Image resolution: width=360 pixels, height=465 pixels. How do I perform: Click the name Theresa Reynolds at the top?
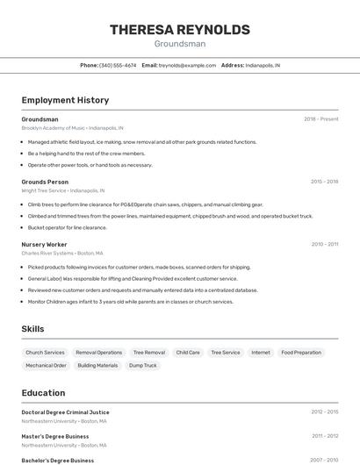pos(180,30)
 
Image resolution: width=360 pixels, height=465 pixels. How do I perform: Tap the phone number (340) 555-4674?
pos(118,66)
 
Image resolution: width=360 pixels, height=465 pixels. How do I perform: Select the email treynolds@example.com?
pos(187,66)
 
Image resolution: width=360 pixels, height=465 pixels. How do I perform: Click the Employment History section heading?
pos(65,101)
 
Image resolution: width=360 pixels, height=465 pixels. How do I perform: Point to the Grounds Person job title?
pos(45,182)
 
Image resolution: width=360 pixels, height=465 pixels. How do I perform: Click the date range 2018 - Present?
pos(321,119)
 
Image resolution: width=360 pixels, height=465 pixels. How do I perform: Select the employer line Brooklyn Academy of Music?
pos(73,128)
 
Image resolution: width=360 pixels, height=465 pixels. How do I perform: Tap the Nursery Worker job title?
pos(44,245)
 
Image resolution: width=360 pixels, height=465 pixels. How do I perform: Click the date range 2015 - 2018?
pos(324,182)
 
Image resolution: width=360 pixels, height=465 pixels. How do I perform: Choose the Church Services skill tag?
pos(45,353)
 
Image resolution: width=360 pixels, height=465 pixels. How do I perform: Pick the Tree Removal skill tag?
pos(148,353)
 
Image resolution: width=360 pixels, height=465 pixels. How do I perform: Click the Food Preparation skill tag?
pos(301,353)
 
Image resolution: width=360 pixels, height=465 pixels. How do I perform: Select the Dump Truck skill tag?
pos(143,366)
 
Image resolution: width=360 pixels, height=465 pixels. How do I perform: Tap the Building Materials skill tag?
pos(97,366)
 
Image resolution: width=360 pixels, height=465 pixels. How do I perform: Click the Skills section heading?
pos(32,329)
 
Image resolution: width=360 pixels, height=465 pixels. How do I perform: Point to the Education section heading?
pos(43,393)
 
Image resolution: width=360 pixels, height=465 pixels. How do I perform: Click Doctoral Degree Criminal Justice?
pos(66,411)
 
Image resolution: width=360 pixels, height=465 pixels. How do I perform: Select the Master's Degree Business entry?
pos(55,436)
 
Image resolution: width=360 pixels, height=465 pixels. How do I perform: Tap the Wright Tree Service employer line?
pos(62,190)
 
